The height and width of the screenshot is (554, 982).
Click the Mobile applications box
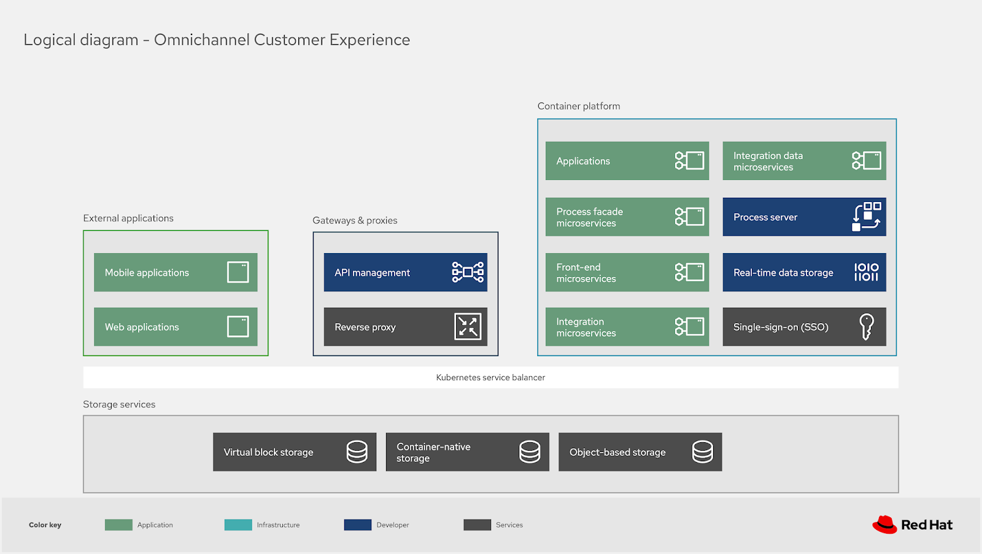point(175,272)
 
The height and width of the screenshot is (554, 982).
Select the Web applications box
point(175,327)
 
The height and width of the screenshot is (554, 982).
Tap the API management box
point(405,272)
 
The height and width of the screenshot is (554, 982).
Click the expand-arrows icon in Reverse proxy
point(468,326)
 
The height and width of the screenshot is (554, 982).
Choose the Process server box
point(804,217)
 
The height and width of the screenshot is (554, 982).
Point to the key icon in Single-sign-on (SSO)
point(866,326)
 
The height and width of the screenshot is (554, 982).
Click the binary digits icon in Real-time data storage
point(866,272)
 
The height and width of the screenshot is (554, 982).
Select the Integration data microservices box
point(804,161)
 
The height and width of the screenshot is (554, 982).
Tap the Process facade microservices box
point(627,217)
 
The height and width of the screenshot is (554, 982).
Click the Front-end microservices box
point(627,272)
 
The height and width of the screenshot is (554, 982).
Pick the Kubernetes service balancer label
point(490,378)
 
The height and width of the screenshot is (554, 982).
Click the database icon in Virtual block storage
point(357,451)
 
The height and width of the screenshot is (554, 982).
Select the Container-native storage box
point(467,452)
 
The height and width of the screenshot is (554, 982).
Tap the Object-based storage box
point(640,452)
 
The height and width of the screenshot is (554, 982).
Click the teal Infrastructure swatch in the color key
point(238,525)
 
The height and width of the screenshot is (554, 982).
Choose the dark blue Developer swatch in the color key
point(358,525)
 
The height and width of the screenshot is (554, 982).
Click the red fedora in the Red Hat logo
point(884,525)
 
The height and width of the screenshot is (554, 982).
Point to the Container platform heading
point(578,106)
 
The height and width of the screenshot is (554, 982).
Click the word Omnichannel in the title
point(202,40)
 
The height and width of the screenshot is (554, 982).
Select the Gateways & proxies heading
point(355,220)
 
